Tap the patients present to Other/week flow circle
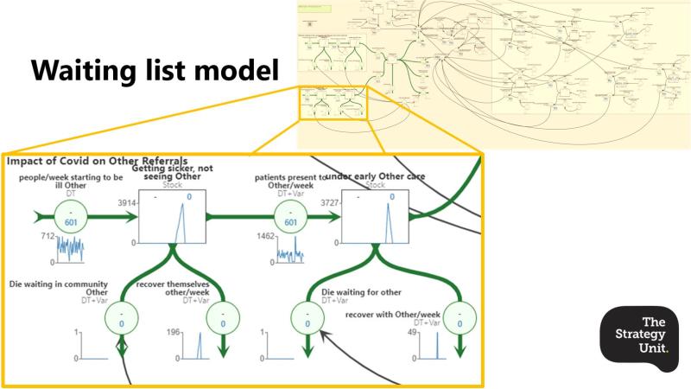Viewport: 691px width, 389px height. click(291, 216)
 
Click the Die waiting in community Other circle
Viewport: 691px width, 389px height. click(122, 316)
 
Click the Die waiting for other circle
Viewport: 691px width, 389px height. click(307, 316)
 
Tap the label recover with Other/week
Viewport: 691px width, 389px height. click(393, 312)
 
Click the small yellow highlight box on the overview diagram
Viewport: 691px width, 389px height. click(333, 103)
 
